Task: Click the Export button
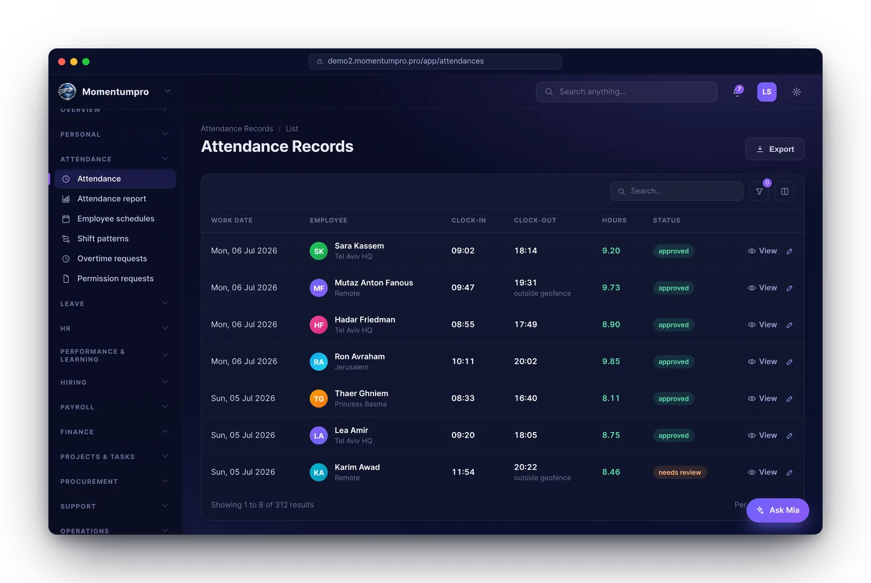click(x=774, y=149)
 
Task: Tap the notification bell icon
click(x=737, y=92)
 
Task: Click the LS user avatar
click(x=766, y=92)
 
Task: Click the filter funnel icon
click(x=759, y=192)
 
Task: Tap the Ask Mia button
click(x=778, y=510)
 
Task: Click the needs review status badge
click(x=680, y=472)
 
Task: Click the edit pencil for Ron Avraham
click(x=789, y=362)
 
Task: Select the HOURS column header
click(x=614, y=220)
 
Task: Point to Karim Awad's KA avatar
click(x=318, y=472)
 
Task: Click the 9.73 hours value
click(x=611, y=287)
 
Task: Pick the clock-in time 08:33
click(x=463, y=398)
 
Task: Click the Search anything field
click(x=626, y=92)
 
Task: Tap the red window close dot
click(x=62, y=62)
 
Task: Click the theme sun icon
click(x=796, y=92)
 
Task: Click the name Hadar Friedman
click(x=365, y=319)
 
